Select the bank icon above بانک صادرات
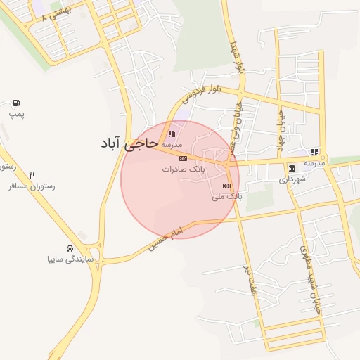coord(184,159)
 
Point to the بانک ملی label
coord(226,197)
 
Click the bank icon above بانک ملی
coord(226,186)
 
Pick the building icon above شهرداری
coord(292,168)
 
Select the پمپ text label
coord(16,114)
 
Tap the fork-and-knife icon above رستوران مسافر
coord(32,176)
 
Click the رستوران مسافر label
coord(32,187)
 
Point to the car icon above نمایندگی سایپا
coord(70,248)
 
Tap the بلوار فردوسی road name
coord(205,92)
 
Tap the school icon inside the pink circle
coord(172,133)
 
